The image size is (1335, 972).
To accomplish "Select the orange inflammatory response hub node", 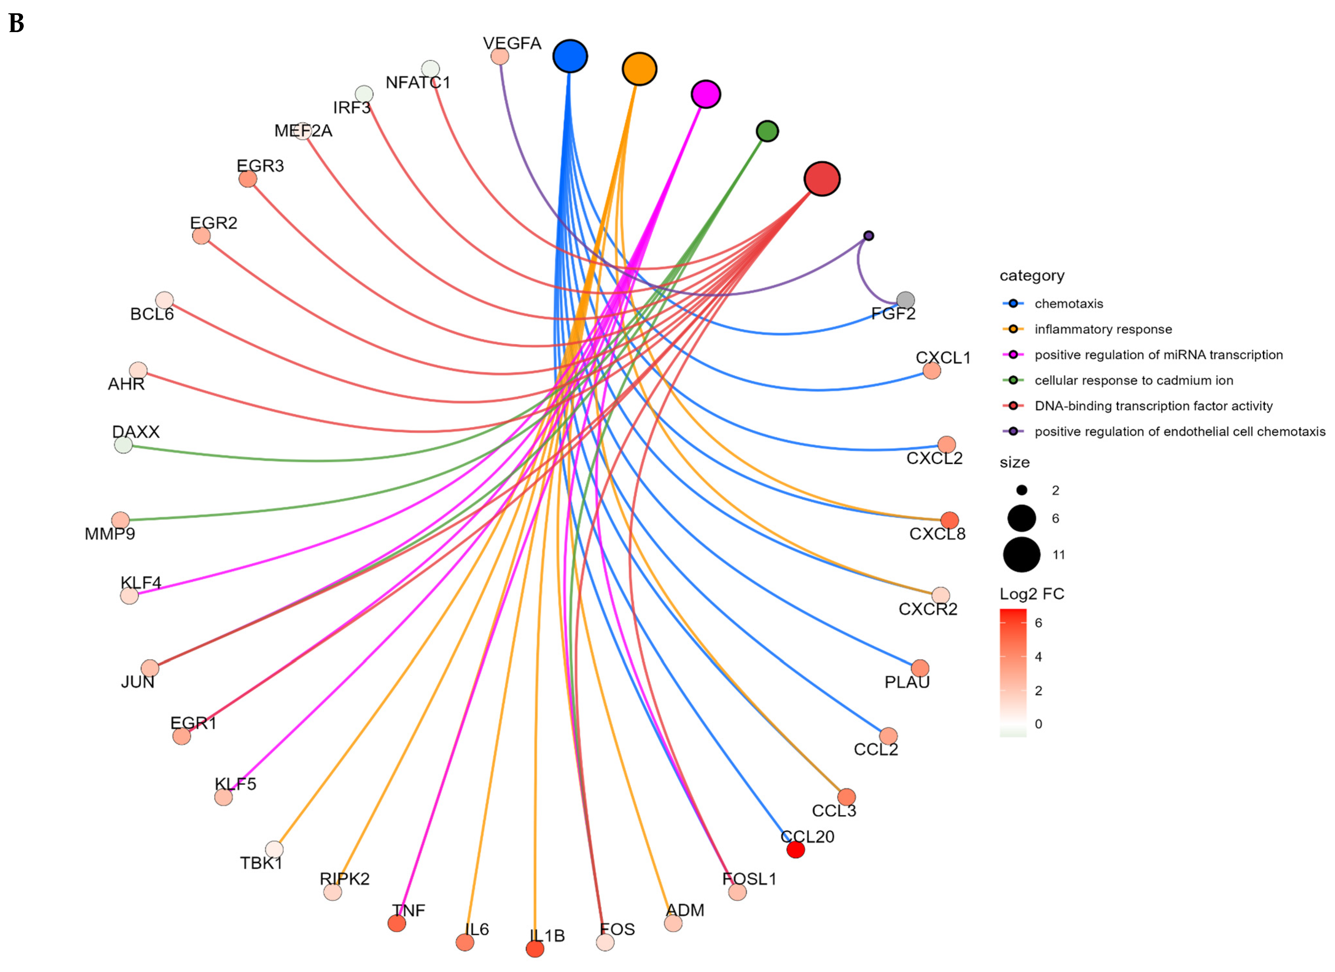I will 639,69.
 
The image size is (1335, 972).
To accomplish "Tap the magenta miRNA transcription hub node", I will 706,94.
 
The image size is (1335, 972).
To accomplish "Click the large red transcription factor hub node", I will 822,178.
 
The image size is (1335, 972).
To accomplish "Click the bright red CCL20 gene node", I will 795,850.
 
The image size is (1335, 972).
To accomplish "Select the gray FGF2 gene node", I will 905,301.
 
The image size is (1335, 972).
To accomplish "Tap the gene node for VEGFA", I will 500,56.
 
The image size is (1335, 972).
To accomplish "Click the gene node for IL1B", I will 534,948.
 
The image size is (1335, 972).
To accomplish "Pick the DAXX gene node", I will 123,445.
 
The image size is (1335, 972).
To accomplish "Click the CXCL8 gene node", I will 949,520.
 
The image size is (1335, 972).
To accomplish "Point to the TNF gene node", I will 397,923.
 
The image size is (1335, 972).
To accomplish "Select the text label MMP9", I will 110,534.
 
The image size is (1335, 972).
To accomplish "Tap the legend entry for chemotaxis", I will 1068,303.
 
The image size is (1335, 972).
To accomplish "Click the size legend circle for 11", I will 1021,554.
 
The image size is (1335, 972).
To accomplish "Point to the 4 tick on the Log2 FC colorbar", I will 1038,657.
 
